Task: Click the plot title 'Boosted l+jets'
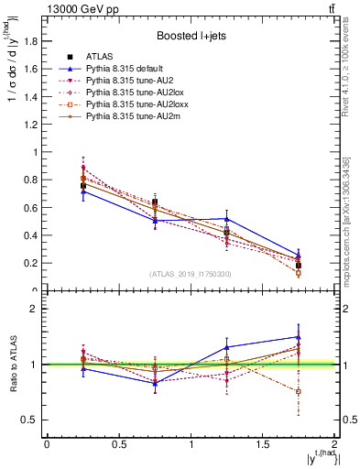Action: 190,37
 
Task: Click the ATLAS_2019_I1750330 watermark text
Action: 190,274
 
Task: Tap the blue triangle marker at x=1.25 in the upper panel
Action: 226,219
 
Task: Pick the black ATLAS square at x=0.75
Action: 155,202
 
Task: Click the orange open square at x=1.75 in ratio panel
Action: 299,391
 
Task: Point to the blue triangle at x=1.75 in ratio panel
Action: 299,337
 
